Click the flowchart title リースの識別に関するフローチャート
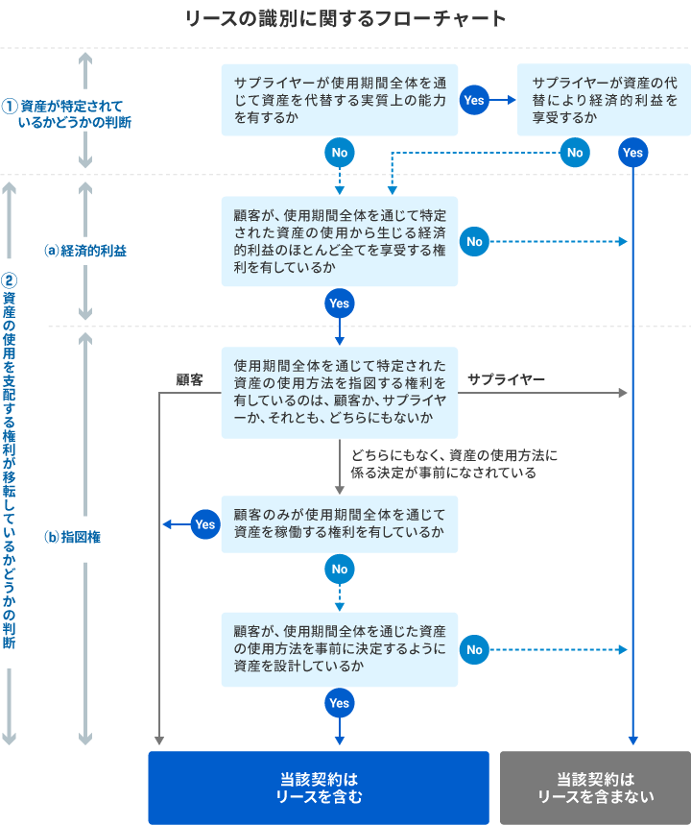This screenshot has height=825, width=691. (x=345, y=18)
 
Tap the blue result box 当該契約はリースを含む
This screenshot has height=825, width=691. (x=319, y=788)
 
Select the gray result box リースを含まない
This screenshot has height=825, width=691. (x=595, y=788)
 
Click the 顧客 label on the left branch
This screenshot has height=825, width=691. (x=189, y=379)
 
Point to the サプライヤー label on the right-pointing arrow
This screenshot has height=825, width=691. (x=506, y=379)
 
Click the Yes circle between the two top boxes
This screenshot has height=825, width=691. (x=474, y=100)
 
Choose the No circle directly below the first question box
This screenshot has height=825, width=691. (x=340, y=152)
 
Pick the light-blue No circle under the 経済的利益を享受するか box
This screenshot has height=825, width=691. (x=574, y=152)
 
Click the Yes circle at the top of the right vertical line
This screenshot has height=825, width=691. (x=632, y=152)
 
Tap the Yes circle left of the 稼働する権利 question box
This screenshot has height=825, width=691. (x=204, y=524)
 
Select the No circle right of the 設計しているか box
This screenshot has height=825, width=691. (x=474, y=650)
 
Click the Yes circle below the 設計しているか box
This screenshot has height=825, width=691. (x=340, y=703)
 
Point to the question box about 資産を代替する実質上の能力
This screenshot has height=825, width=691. (x=340, y=100)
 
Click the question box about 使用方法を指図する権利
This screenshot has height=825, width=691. (x=340, y=393)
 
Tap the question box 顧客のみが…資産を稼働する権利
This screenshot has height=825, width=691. (x=340, y=523)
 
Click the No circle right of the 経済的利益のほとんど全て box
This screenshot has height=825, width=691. (x=474, y=241)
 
